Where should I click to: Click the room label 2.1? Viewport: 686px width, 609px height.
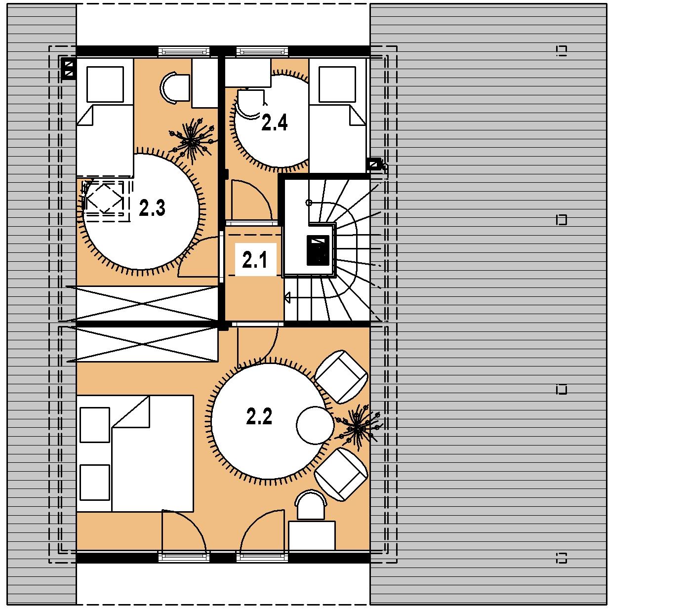254,260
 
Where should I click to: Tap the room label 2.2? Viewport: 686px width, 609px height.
259,416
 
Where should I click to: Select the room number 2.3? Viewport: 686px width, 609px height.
152,207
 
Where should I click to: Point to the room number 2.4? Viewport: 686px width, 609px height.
275,122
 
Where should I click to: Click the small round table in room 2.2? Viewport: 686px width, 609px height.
315,425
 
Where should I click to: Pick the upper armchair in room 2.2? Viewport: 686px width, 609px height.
341,377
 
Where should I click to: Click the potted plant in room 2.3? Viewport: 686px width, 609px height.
192,142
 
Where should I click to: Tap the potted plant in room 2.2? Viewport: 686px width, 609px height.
358,427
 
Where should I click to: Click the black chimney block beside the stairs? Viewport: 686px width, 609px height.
318,250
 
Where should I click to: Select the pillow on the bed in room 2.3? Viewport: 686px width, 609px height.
105,84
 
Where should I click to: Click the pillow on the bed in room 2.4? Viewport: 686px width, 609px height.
337,84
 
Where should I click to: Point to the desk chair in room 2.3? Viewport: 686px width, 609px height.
174,88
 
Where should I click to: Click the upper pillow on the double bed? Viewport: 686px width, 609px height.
95,425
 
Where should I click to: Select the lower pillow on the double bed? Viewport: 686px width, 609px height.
95,483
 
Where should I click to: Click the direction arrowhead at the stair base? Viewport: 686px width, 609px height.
288,298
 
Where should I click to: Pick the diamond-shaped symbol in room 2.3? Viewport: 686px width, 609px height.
105,199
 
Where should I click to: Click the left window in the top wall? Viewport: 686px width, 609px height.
184,51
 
